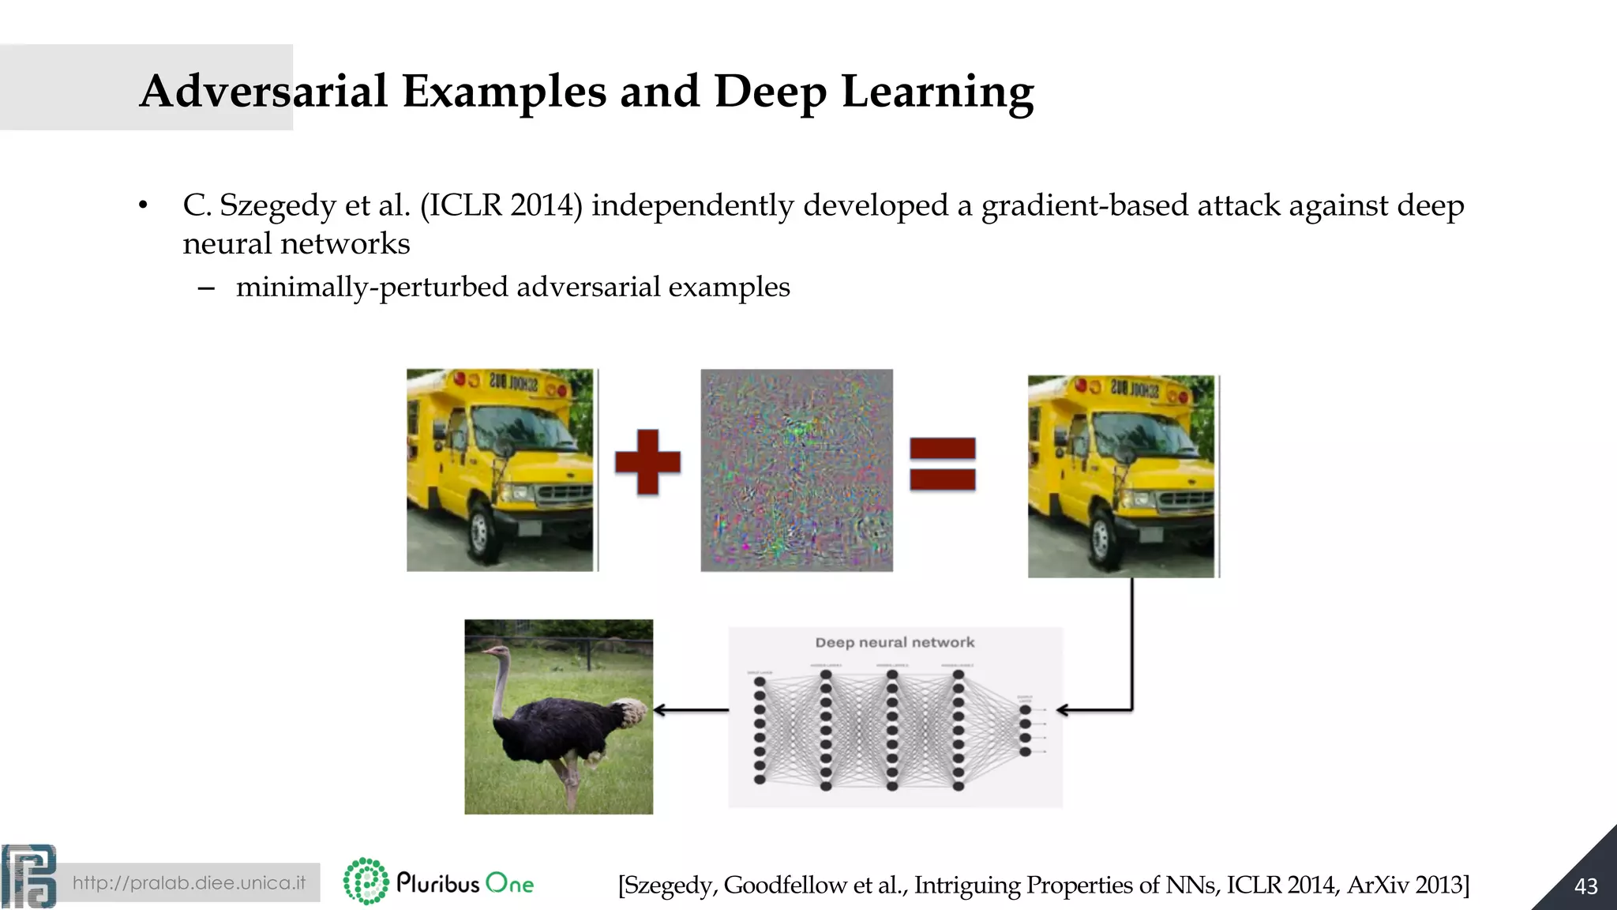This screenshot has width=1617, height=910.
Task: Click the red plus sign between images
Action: click(x=647, y=462)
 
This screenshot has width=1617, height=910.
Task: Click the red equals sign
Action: click(x=942, y=464)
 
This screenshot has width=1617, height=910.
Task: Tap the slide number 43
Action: click(x=1585, y=886)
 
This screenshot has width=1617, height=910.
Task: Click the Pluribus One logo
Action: click(x=439, y=882)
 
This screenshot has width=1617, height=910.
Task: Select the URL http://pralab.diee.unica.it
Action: click(x=189, y=882)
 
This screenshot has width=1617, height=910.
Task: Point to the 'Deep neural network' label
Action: click(x=895, y=642)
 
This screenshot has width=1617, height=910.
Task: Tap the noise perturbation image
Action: click(x=797, y=470)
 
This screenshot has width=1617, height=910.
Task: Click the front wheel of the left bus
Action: click(x=480, y=532)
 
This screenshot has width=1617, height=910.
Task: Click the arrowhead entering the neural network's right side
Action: click(x=1063, y=710)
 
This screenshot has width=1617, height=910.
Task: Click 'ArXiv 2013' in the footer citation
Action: click(x=1408, y=885)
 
